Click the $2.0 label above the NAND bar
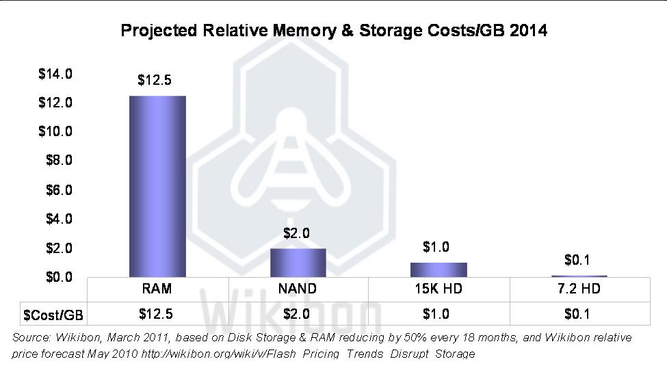click(x=296, y=233)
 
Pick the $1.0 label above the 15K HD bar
click(x=436, y=248)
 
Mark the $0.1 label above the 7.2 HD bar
click(x=578, y=260)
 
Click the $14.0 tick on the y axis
click(x=55, y=73)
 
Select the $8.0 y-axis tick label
click(x=59, y=161)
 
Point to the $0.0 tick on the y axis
click(x=59, y=277)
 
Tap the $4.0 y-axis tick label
click(x=59, y=219)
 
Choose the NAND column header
click(x=297, y=289)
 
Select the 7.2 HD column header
click(x=579, y=289)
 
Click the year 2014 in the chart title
click(x=528, y=31)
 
